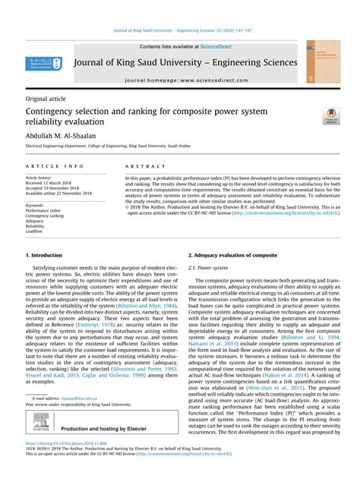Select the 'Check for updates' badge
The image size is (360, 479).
click(x=331, y=116)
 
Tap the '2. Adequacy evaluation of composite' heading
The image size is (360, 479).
click(x=233, y=256)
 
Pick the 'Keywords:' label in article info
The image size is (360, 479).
click(x=35, y=205)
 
